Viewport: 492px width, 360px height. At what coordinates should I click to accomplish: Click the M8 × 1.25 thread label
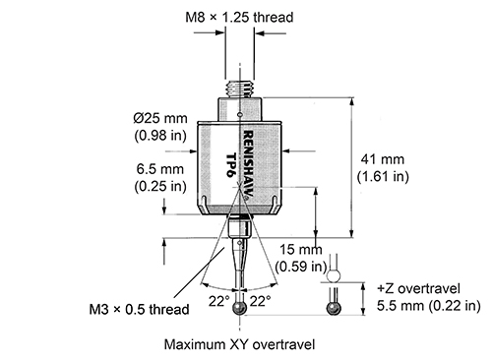point(239,17)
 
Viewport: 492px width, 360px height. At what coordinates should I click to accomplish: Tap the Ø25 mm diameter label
point(160,118)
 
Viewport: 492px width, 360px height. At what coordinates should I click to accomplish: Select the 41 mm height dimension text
point(383,159)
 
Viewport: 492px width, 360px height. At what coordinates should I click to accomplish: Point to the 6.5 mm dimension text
point(160,169)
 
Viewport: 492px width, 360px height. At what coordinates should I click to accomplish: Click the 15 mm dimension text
point(301,250)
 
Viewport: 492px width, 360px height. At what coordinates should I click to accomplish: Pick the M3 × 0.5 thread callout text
point(139,310)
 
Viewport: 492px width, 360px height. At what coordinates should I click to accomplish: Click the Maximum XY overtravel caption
point(239,344)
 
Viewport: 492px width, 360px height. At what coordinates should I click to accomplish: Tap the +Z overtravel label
point(418,288)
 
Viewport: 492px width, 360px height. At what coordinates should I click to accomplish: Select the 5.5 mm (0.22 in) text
point(428,306)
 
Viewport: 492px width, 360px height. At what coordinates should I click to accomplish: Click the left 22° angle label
point(219,301)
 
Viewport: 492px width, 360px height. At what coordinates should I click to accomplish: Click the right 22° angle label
point(261,301)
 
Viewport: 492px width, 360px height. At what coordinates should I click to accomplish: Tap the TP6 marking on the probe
point(232,165)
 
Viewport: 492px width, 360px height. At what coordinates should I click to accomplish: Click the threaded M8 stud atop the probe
point(239,89)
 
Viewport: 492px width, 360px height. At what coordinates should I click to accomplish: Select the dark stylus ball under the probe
point(239,309)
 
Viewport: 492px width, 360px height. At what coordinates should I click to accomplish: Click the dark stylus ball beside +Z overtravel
point(334,309)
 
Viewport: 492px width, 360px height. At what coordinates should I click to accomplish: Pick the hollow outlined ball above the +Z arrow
point(334,275)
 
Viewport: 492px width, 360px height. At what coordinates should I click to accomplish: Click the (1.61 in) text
point(383,177)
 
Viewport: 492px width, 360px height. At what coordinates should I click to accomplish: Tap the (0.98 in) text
point(160,136)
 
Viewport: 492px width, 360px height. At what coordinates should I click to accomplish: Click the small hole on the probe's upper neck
point(240,115)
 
